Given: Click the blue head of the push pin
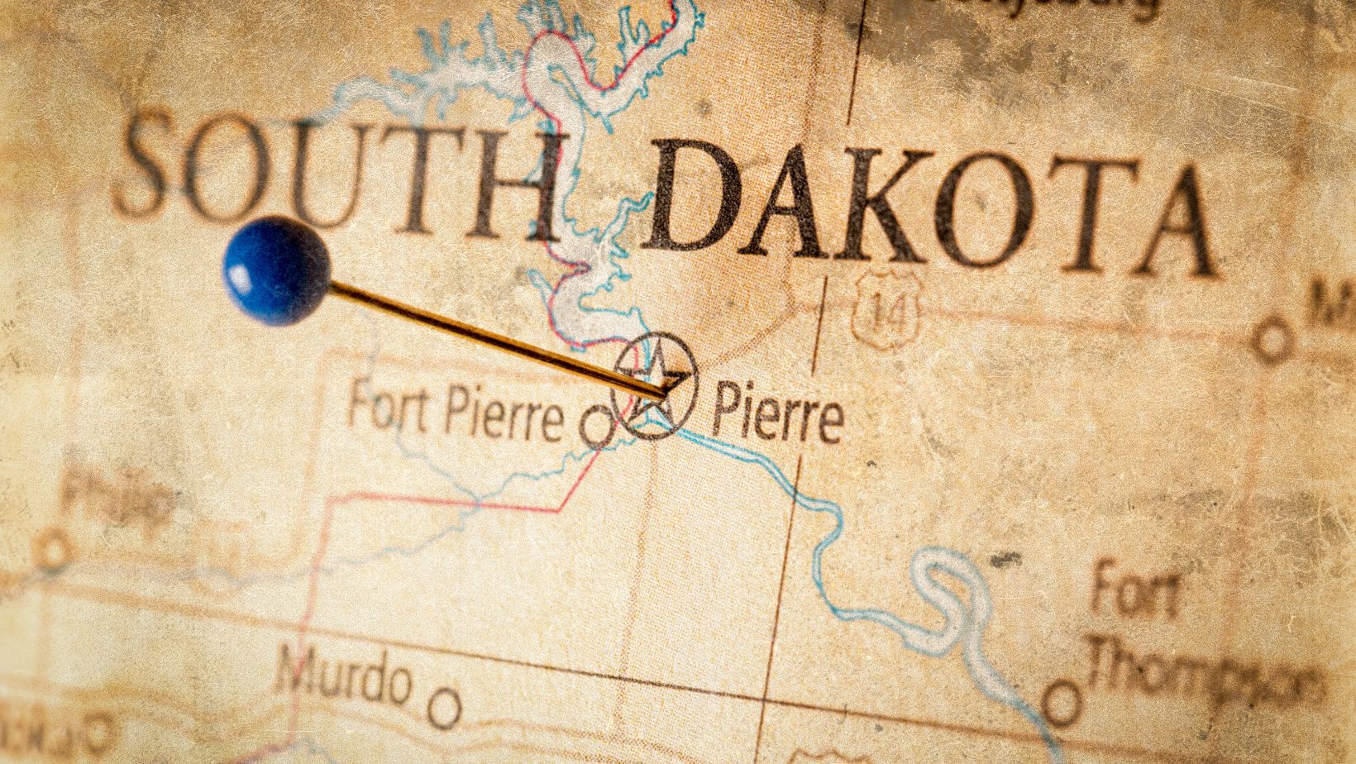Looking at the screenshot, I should [x=276, y=270].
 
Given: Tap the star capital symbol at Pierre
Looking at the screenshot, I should [x=655, y=385].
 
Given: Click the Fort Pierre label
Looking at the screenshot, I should [x=455, y=410].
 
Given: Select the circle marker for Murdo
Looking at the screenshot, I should [x=446, y=707].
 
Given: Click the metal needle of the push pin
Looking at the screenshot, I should [x=496, y=335].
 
